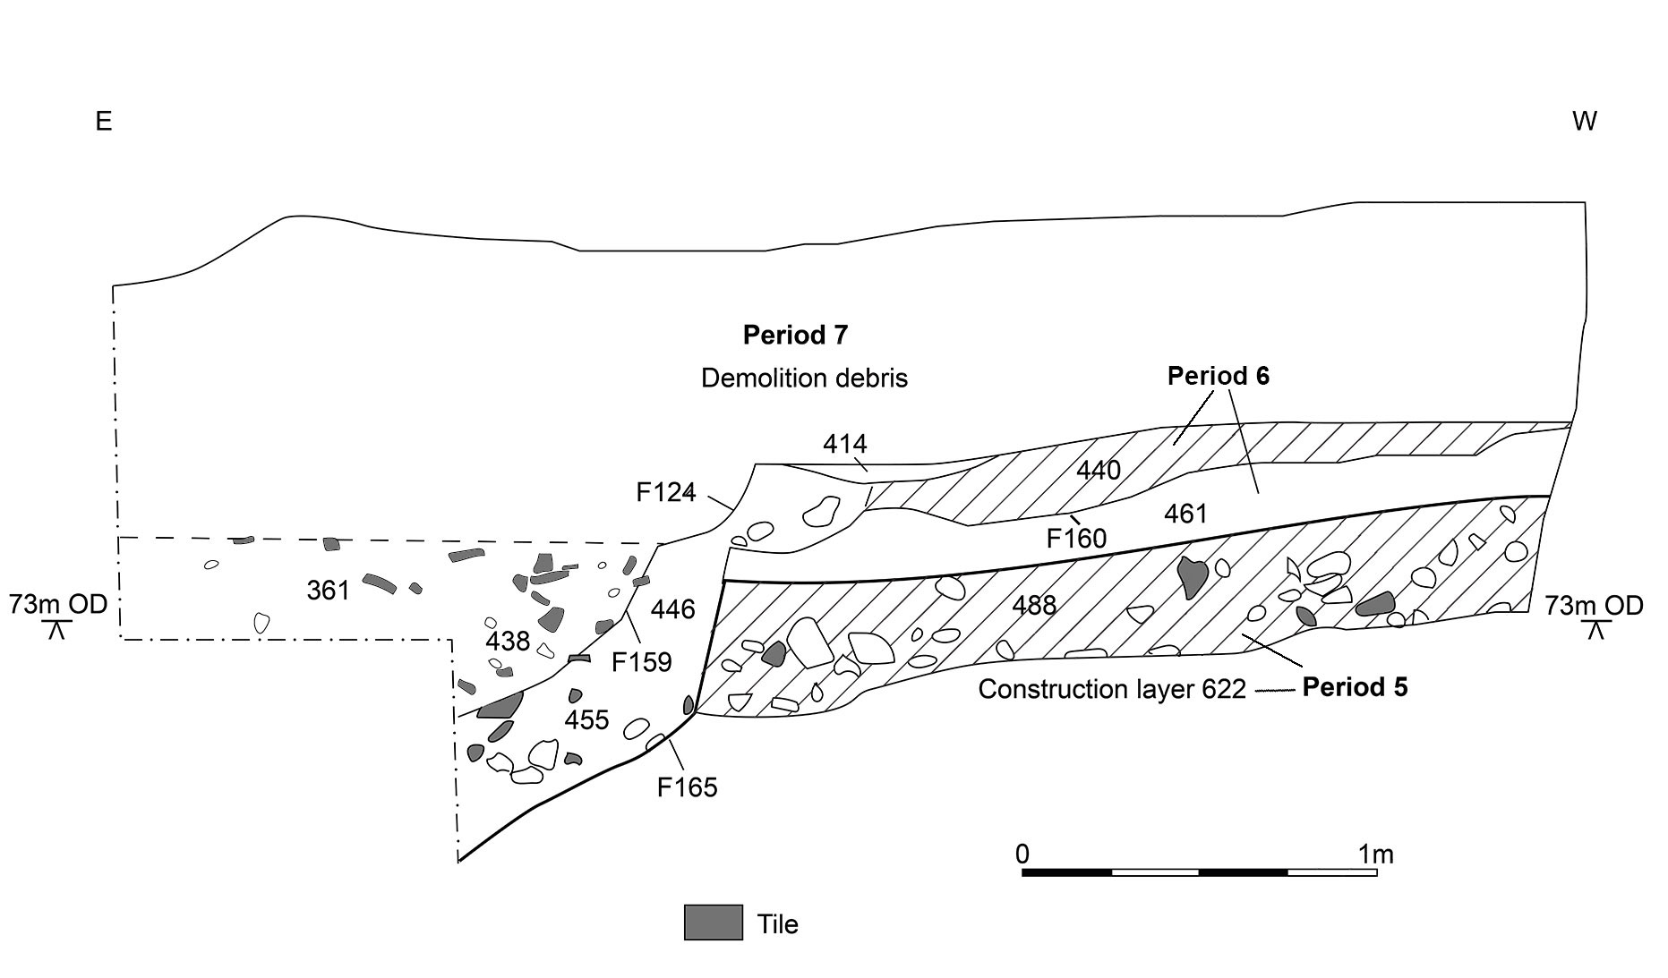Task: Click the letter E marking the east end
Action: [104, 122]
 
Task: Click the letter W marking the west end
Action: [1584, 122]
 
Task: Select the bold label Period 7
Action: [795, 336]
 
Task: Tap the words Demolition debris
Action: [804, 378]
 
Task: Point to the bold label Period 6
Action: [1218, 376]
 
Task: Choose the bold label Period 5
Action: [1355, 687]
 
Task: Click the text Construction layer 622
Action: [1112, 690]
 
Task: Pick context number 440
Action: [1098, 470]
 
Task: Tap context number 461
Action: [1185, 515]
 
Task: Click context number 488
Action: [1034, 606]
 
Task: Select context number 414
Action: [845, 443]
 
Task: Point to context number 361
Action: [328, 591]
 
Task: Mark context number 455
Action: [586, 720]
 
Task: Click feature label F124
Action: [666, 492]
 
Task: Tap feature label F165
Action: [687, 787]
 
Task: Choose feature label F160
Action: [1076, 539]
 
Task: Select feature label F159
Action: [641, 662]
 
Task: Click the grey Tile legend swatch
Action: [714, 923]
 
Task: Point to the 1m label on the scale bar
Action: [1376, 855]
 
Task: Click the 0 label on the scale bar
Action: [1022, 855]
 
